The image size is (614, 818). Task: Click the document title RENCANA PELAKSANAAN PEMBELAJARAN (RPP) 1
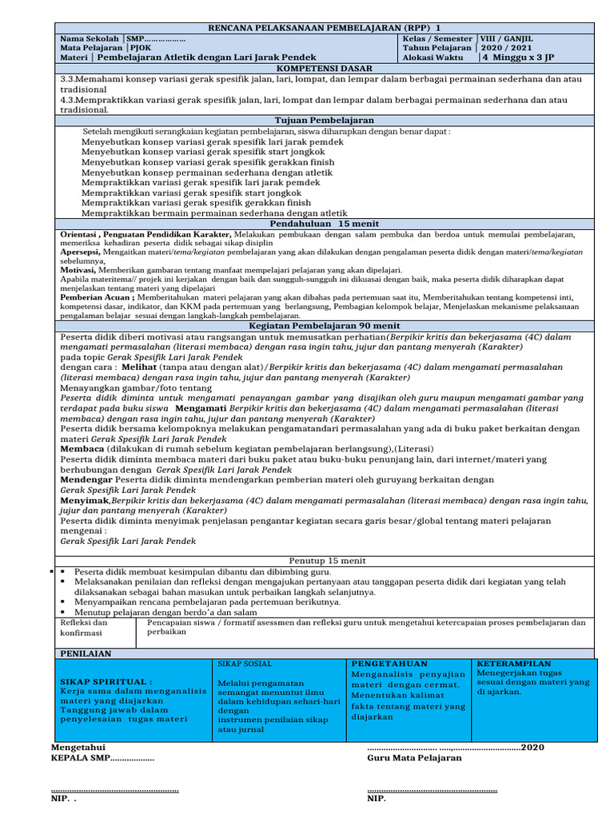324,28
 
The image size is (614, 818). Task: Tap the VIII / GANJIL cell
506,38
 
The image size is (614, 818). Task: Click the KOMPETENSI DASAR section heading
325,69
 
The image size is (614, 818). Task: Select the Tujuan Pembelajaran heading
324,120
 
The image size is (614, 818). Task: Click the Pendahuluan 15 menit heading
324,224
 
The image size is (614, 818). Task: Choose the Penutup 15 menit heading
324,561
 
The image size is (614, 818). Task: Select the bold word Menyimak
83,500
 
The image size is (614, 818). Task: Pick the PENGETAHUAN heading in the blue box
389,664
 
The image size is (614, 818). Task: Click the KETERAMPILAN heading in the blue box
514,664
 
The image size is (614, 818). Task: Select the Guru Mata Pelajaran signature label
414,758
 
